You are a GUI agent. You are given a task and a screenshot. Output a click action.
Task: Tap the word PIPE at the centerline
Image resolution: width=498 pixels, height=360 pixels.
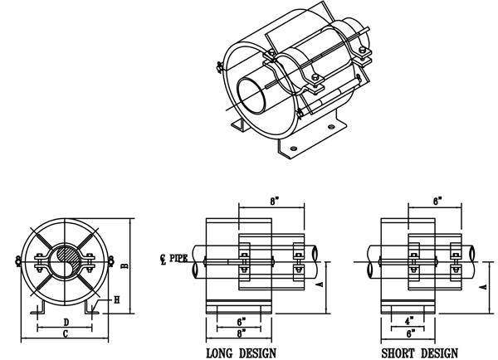click(178, 259)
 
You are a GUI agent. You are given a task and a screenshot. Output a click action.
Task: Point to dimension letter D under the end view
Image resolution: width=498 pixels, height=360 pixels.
click(65, 320)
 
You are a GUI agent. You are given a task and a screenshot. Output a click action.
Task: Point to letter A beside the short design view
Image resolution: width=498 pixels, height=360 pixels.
click(485, 282)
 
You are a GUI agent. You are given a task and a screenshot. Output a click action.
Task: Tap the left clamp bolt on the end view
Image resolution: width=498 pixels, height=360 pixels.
click(19, 265)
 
